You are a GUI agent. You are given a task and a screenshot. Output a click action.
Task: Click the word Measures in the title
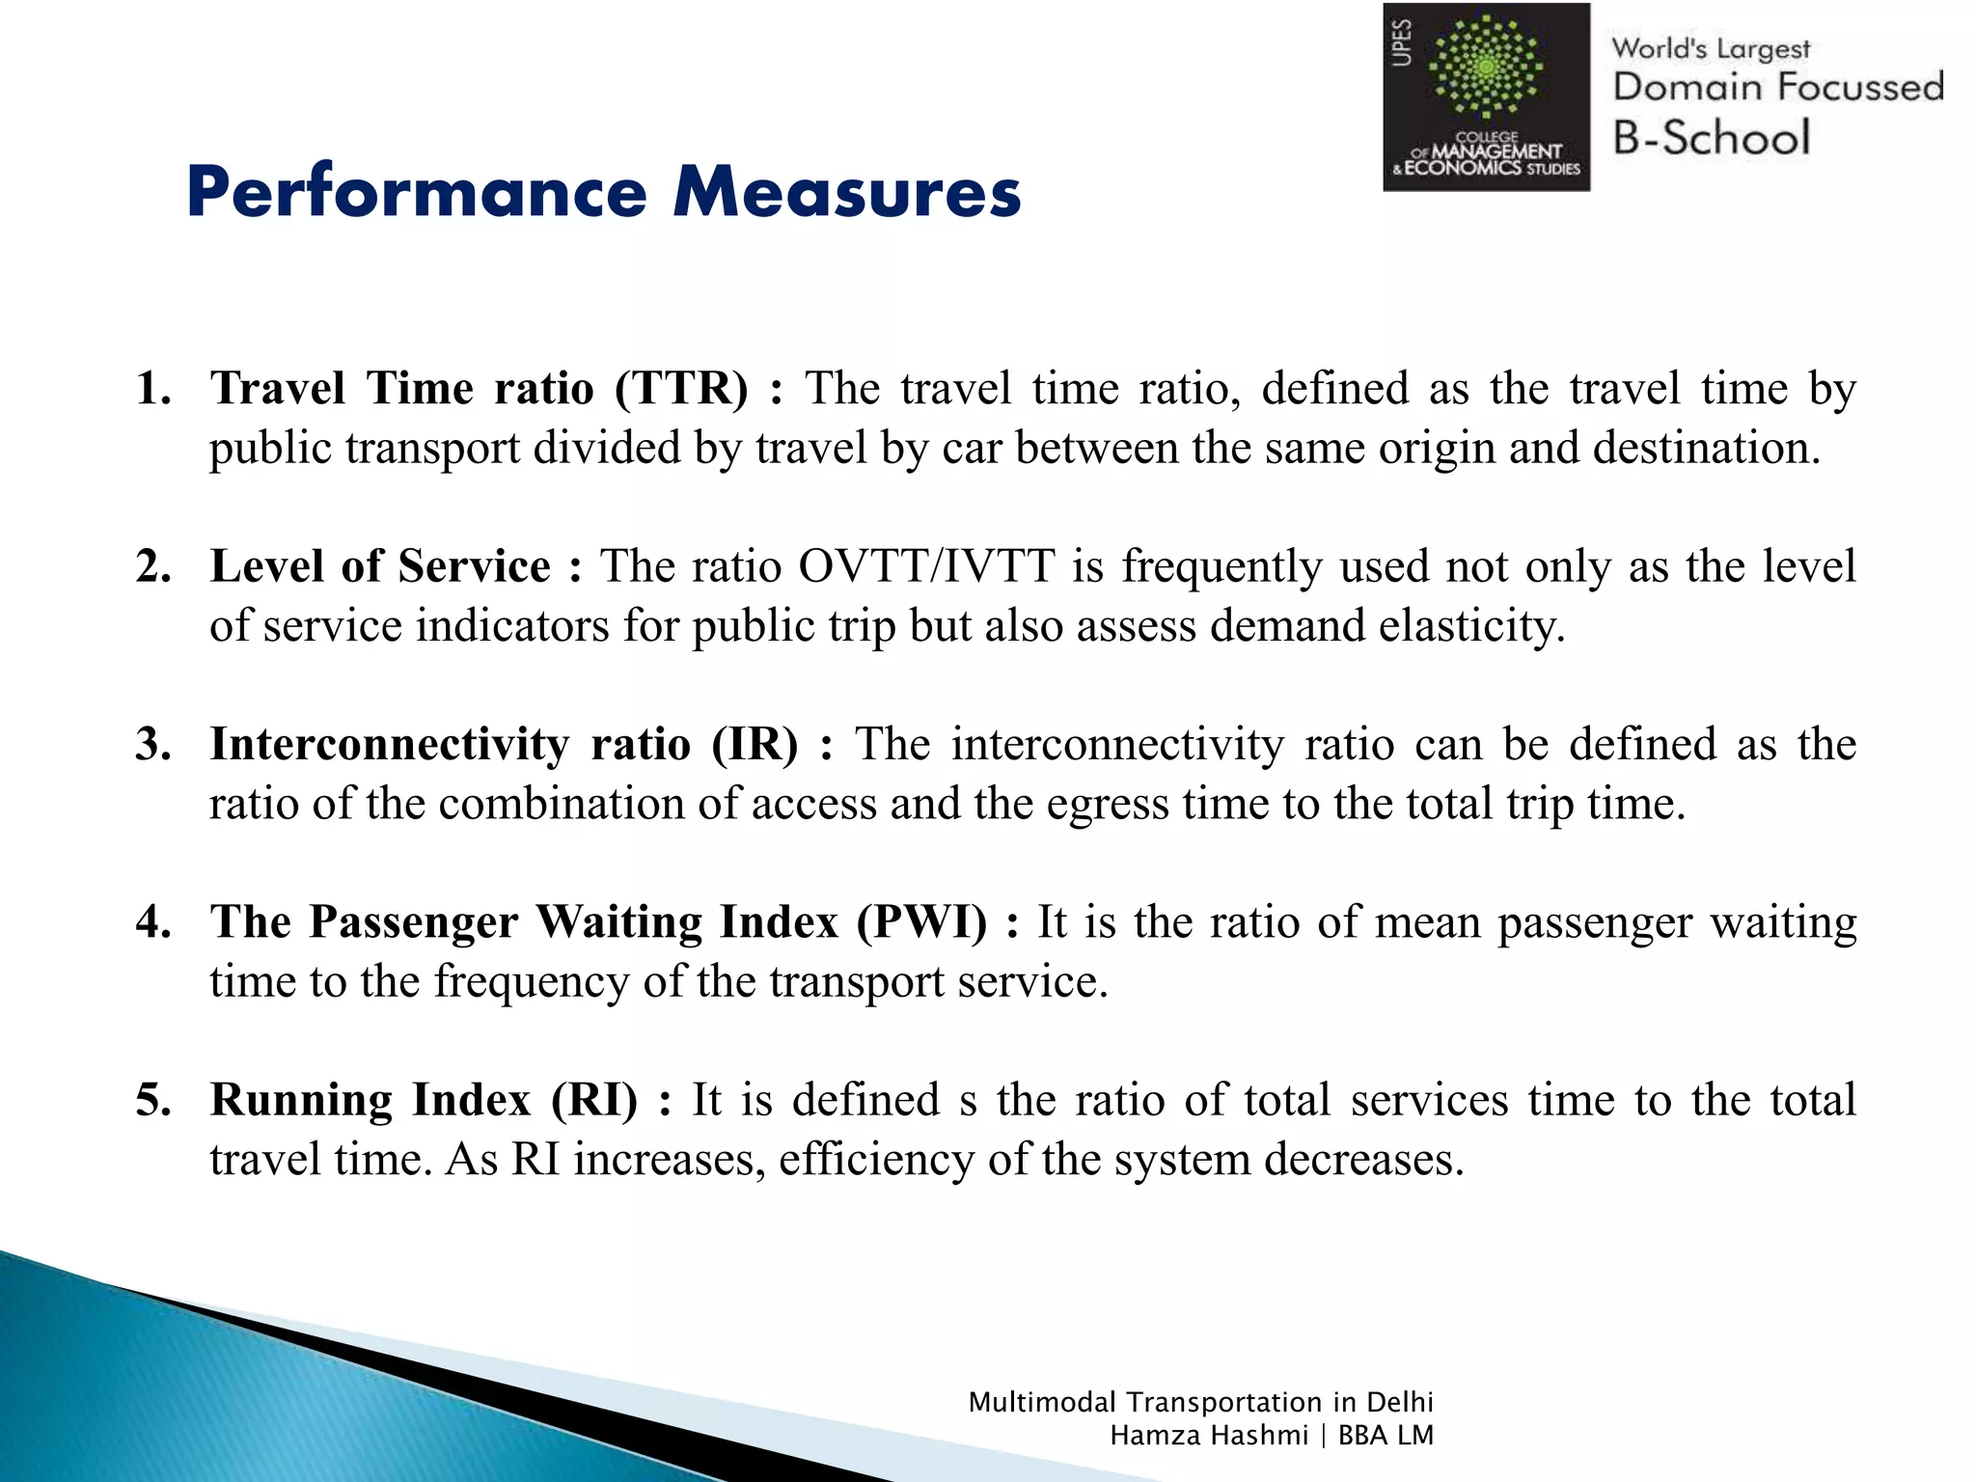[847, 192]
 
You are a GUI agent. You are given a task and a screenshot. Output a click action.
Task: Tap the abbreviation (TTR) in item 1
[681, 389]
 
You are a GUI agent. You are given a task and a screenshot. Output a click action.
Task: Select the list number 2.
[153, 566]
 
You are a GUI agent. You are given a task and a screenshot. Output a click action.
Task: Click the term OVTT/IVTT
[926, 566]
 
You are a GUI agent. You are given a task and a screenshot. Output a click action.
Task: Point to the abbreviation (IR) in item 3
[755, 745]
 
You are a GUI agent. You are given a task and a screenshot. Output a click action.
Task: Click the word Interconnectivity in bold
[390, 745]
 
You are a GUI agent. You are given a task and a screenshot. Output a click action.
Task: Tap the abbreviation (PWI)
[921, 922]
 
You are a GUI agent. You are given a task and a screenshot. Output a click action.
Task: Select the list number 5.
[153, 1100]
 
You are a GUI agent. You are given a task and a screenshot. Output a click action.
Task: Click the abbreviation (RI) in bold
[594, 1100]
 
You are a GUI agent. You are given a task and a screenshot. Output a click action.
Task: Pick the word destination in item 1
[1705, 449]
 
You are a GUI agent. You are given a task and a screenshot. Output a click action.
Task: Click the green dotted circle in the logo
[1486, 68]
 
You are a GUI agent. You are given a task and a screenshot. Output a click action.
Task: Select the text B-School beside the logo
[1711, 138]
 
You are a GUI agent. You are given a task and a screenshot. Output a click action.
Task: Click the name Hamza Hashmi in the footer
[1208, 1436]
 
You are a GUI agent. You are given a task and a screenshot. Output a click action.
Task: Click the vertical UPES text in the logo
[1402, 43]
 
